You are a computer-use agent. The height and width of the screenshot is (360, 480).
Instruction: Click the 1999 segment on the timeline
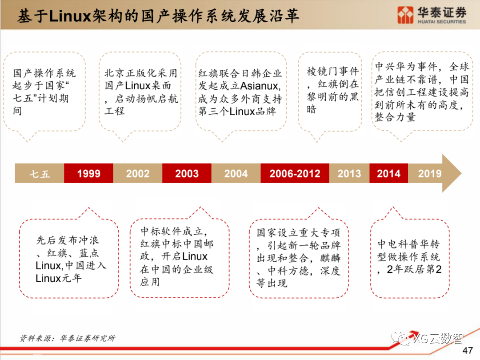[88, 173]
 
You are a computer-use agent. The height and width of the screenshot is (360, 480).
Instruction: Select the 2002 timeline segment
[137, 173]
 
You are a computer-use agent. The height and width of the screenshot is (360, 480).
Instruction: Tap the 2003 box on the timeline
[187, 173]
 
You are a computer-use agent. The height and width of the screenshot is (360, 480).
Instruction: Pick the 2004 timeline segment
[236, 173]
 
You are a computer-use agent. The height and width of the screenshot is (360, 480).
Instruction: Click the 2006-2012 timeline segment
[295, 173]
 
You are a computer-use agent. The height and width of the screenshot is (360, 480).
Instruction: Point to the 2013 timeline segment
[349, 173]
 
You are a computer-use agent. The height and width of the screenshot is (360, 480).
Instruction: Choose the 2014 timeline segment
[388, 173]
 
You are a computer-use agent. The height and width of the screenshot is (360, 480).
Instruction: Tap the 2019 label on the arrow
[429, 173]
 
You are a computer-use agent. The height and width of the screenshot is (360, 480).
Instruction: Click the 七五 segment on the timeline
[40, 173]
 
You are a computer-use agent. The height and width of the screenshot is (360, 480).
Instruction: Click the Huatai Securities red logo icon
[406, 15]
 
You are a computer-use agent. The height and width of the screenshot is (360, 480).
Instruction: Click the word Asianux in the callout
[259, 85]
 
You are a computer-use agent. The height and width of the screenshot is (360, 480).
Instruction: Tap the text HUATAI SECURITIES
[442, 21]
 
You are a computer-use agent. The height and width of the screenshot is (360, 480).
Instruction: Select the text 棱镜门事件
[332, 71]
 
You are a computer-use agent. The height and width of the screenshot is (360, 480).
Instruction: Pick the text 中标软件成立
[172, 231]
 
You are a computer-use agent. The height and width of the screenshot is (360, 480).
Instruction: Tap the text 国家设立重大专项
[298, 232]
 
